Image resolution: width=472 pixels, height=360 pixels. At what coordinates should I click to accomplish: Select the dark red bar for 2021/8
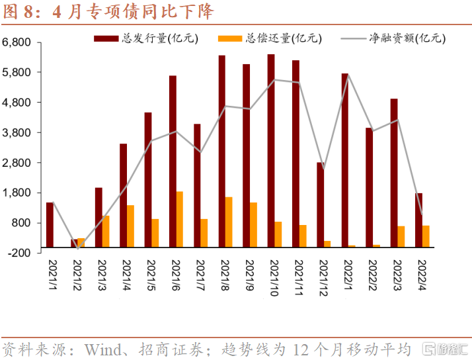(x=221, y=152)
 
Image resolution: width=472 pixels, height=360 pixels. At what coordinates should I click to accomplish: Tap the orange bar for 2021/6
(x=180, y=219)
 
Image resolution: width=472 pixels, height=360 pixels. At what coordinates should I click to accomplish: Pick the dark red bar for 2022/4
(x=418, y=220)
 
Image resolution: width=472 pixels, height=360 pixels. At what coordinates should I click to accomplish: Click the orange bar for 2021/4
(x=130, y=226)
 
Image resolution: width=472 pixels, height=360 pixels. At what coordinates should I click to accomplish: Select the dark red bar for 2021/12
(x=320, y=204)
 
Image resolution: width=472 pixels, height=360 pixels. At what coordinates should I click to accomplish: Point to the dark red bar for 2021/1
(x=50, y=225)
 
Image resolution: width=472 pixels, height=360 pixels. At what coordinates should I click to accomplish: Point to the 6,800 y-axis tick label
(x=17, y=42)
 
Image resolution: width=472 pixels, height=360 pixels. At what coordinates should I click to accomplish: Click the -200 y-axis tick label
(x=19, y=253)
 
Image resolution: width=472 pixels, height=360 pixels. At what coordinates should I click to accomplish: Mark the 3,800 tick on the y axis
(x=17, y=132)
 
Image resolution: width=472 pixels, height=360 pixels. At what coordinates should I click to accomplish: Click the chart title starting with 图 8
(x=108, y=12)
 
